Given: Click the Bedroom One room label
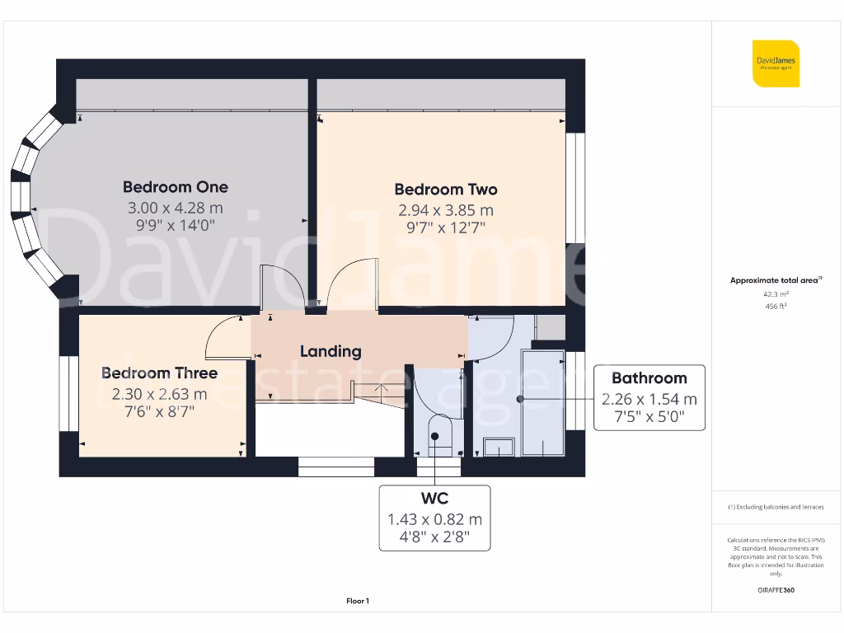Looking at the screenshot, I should pos(175,187).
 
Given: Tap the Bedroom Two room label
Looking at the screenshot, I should pos(445,190).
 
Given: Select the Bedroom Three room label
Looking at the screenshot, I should pos(159,373).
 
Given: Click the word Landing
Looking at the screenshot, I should pos(331,351).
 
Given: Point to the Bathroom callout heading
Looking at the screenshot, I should pos(649,378).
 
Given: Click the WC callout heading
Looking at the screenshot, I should pos(434,499).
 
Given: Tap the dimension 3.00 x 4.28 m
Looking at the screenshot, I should pos(175,208).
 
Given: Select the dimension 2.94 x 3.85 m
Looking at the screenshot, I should pos(445,210).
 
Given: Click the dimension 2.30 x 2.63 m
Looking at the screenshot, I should pos(159,394).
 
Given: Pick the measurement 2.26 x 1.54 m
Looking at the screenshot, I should pos(649,399).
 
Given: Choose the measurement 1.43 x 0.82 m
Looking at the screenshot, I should pos(434,519).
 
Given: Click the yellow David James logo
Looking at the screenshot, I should pos(775,63).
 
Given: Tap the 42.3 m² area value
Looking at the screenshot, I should pos(776,293).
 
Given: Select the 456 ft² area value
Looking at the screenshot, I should pos(776,306).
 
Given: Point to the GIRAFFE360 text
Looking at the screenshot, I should pos(776,590).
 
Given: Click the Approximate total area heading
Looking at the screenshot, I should pos(775,280).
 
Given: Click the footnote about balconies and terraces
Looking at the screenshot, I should pos(776,507).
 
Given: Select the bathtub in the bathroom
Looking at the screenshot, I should pos(542,402).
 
